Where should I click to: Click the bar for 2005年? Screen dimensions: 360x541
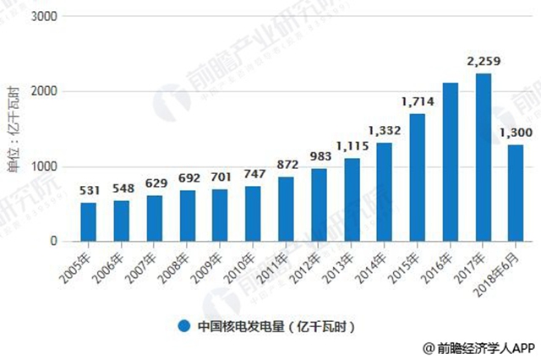88,221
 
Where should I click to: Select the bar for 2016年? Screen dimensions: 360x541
451,161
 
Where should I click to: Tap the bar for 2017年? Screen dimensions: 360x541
484,156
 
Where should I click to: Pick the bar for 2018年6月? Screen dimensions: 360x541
516,193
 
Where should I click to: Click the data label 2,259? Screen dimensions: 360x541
484,61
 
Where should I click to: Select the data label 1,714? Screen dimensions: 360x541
418,101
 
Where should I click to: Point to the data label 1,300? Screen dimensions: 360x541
516,132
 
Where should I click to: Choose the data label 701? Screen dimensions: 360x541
220,177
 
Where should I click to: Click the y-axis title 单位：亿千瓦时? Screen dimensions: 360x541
14,129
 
